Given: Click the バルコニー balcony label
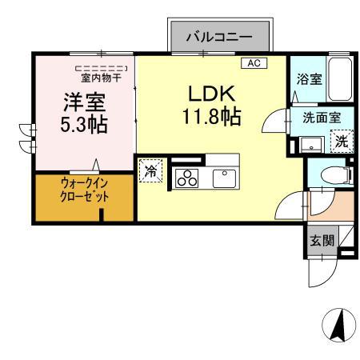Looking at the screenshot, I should point(219,37).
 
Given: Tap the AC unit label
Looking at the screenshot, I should point(254,63).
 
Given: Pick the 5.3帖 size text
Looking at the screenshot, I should point(84,126).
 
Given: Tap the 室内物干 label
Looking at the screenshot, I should point(100,78).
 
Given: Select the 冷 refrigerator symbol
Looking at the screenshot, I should point(149,170).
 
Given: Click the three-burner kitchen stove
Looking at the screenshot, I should point(187,178).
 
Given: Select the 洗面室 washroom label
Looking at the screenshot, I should point(321,117).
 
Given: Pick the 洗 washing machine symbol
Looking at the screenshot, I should point(341,142).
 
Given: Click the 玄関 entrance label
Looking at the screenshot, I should point(322,240).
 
